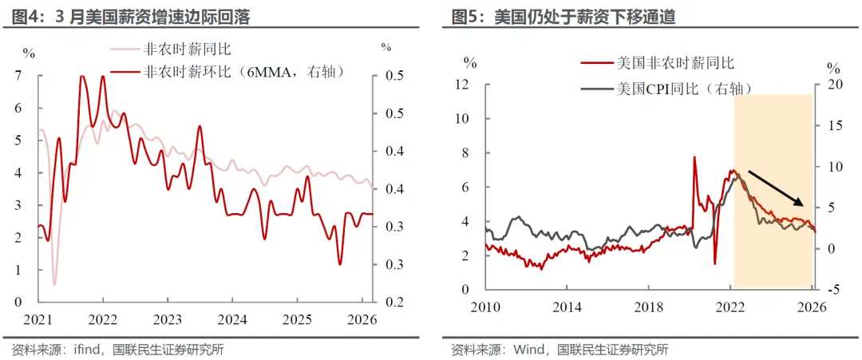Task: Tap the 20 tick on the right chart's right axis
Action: [835, 85]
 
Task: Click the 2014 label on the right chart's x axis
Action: [567, 307]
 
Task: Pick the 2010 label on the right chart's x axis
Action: [485, 307]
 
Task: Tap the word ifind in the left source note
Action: [85, 350]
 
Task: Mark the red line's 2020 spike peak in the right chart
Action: [694, 157]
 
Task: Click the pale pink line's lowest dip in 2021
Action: [54, 283]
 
